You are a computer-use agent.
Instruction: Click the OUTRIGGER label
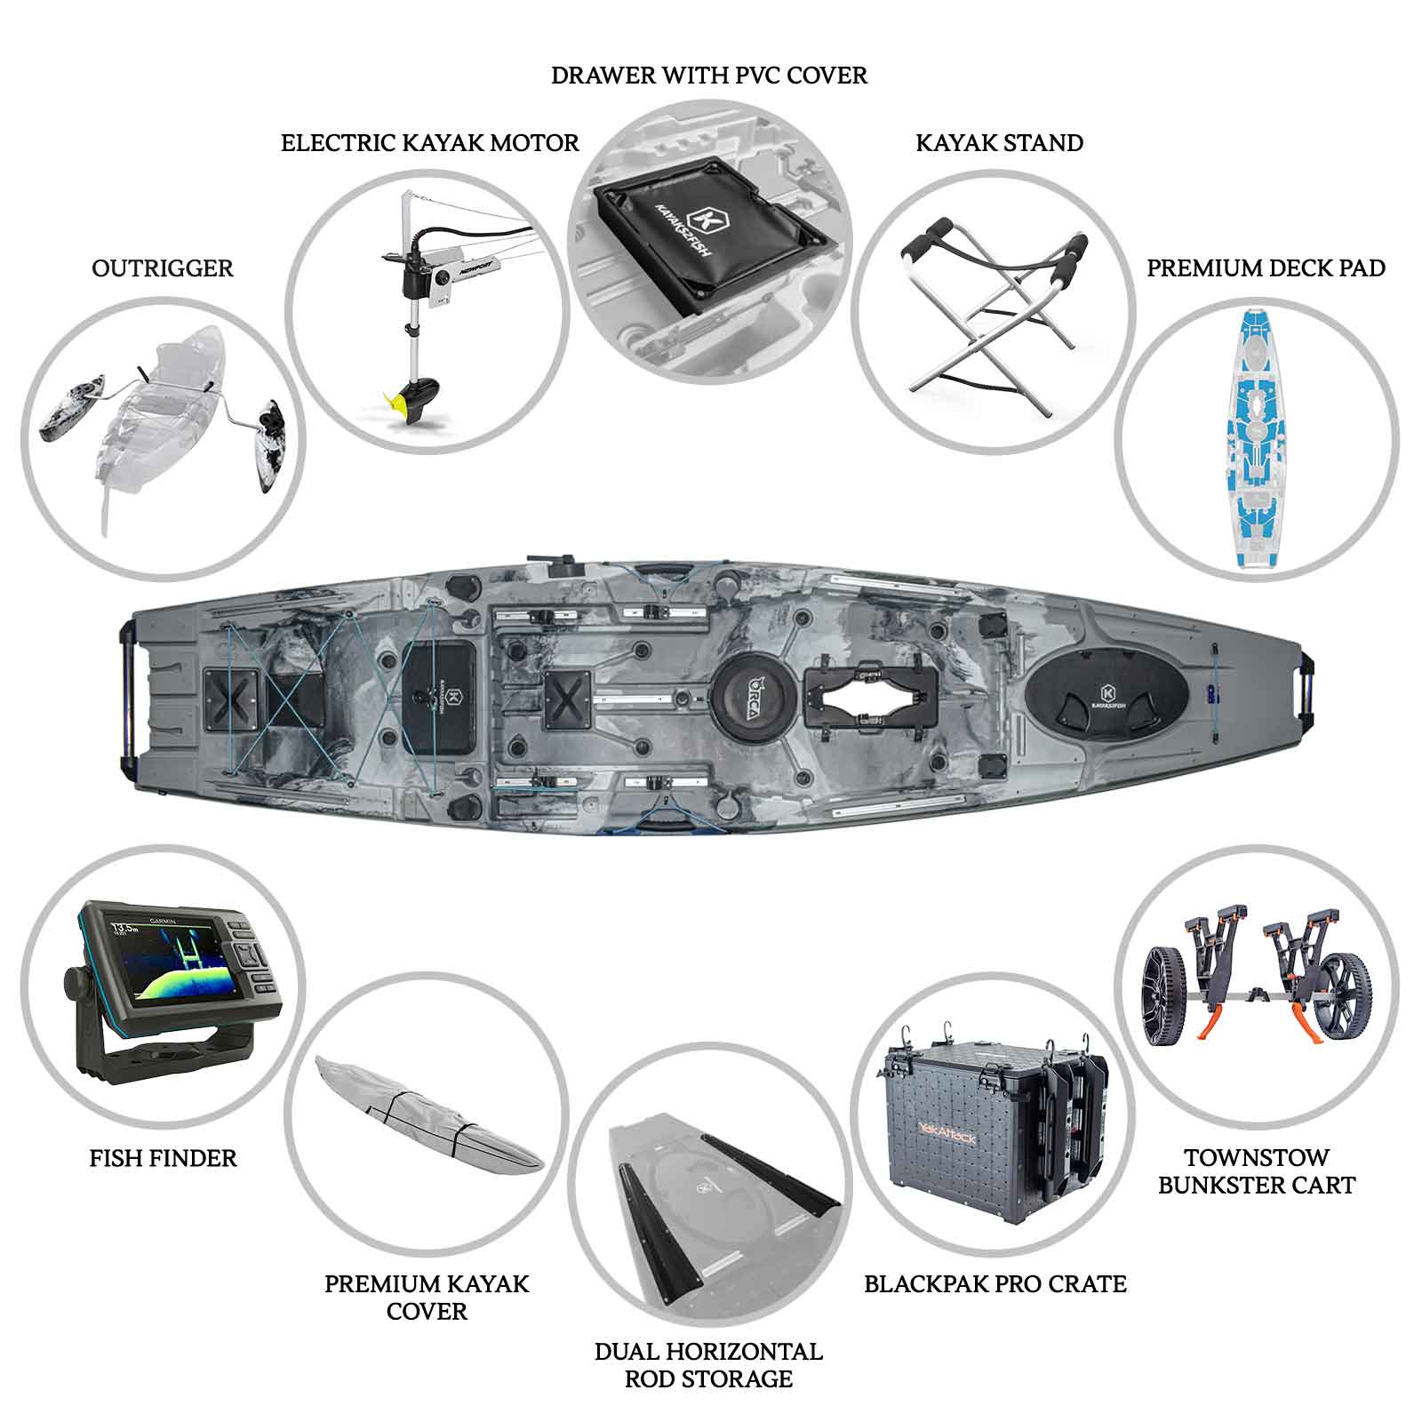click(163, 268)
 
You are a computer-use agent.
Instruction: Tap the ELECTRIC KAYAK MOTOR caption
click(429, 143)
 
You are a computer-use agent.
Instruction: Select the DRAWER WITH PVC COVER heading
click(709, 76)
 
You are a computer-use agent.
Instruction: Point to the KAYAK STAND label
click(999, 143)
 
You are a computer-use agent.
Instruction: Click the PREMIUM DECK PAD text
click(1266, 268)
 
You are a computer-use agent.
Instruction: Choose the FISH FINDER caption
click(164, 1158)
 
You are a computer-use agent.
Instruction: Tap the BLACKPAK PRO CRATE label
click(995, 1283)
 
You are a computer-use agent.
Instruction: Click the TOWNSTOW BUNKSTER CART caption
click(1257, 1171)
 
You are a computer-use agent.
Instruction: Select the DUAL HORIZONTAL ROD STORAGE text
click(708, 1365)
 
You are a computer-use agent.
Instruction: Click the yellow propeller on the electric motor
click(401, 404)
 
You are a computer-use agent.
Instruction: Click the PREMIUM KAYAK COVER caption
click(427, 1297)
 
